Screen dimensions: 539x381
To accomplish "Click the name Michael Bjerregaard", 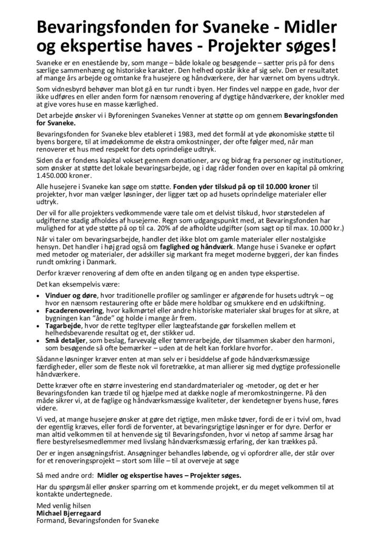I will pos(68,512).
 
